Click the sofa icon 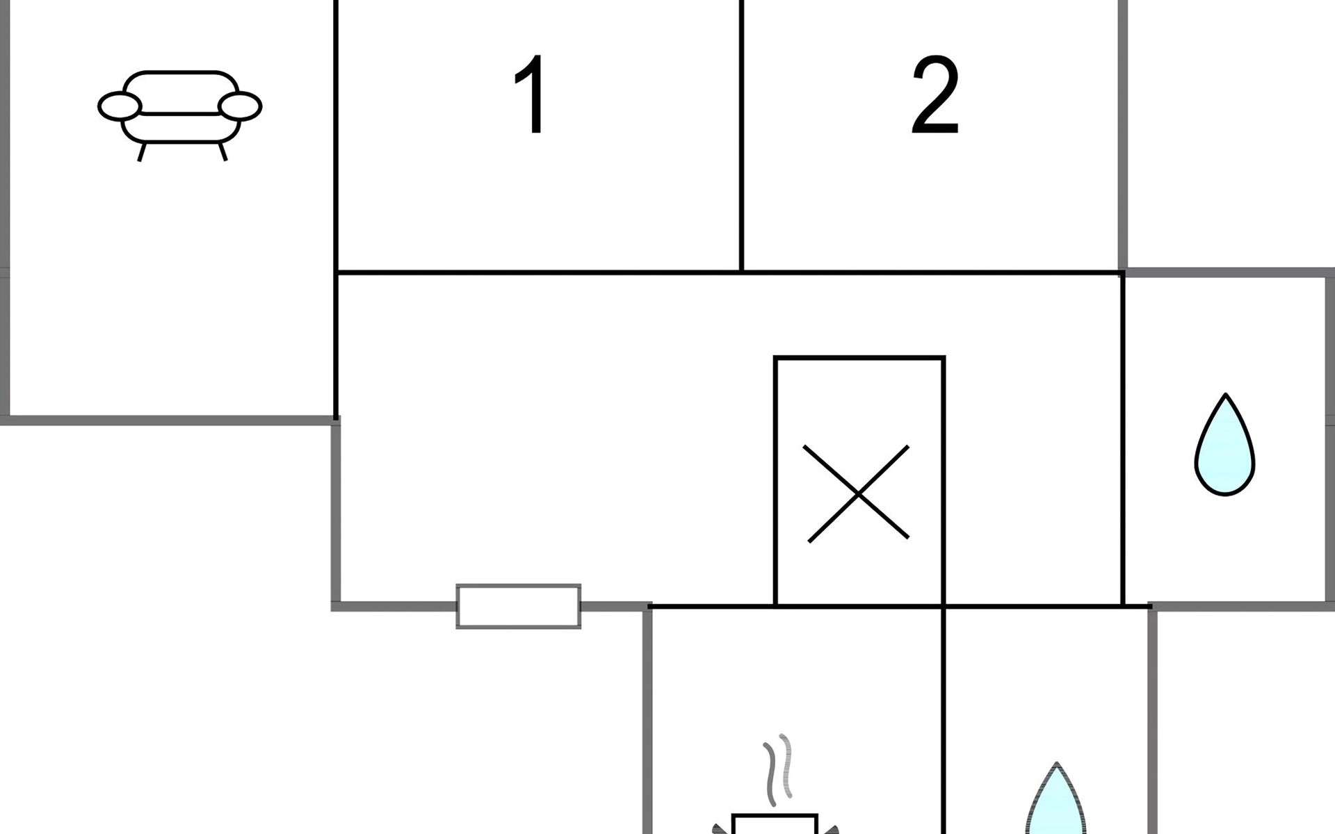[x=179, y=111]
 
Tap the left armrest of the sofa [x=120, y=106]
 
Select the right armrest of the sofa [x=240, y=106]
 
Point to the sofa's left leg [x=141, y=152]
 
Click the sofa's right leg [x=222, y=152]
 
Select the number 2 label [x=935, y=96]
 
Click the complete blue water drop [x=1224, y=452]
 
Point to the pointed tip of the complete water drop [x=1225, y=398]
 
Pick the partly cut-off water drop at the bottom [x=1055, y=806]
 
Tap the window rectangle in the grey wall [x=518, y=606]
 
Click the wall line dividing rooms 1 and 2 [x=742, y=139]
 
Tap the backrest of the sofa [x=180, y=90]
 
